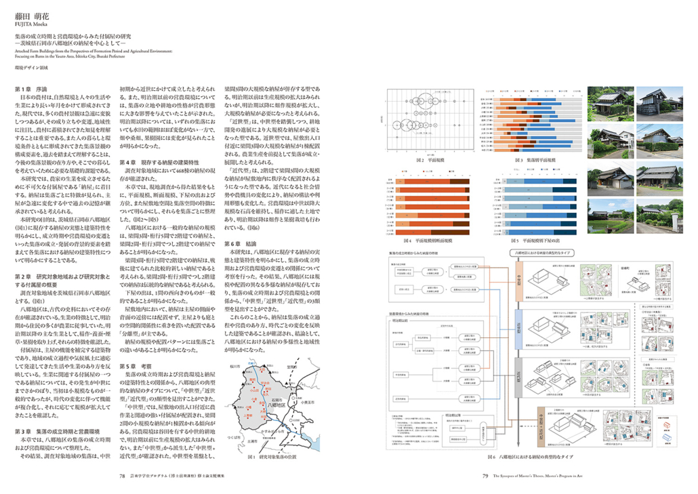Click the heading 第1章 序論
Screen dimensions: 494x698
coord(31,89)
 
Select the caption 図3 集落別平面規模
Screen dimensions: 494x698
coord(535,161)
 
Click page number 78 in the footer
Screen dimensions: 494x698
coord(123,476)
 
